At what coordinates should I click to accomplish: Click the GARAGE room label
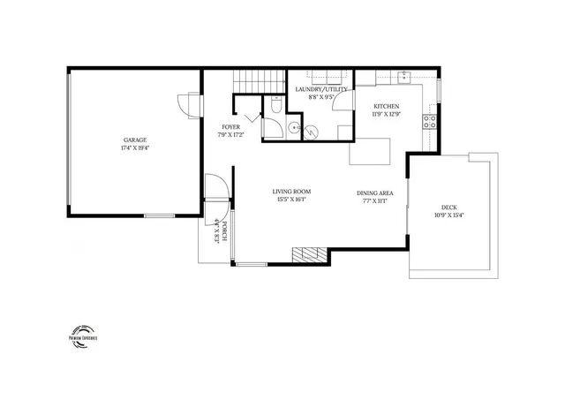click(135, 140)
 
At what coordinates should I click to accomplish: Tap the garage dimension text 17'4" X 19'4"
click(135, 148)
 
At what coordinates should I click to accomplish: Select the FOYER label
click(230, 127)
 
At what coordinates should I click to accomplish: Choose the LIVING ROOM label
click(290, 192)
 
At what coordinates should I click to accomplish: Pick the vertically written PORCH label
click(225, 230)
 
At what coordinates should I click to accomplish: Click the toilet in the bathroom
click(276, 108)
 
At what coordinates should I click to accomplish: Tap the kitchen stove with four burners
click(430, 122)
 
